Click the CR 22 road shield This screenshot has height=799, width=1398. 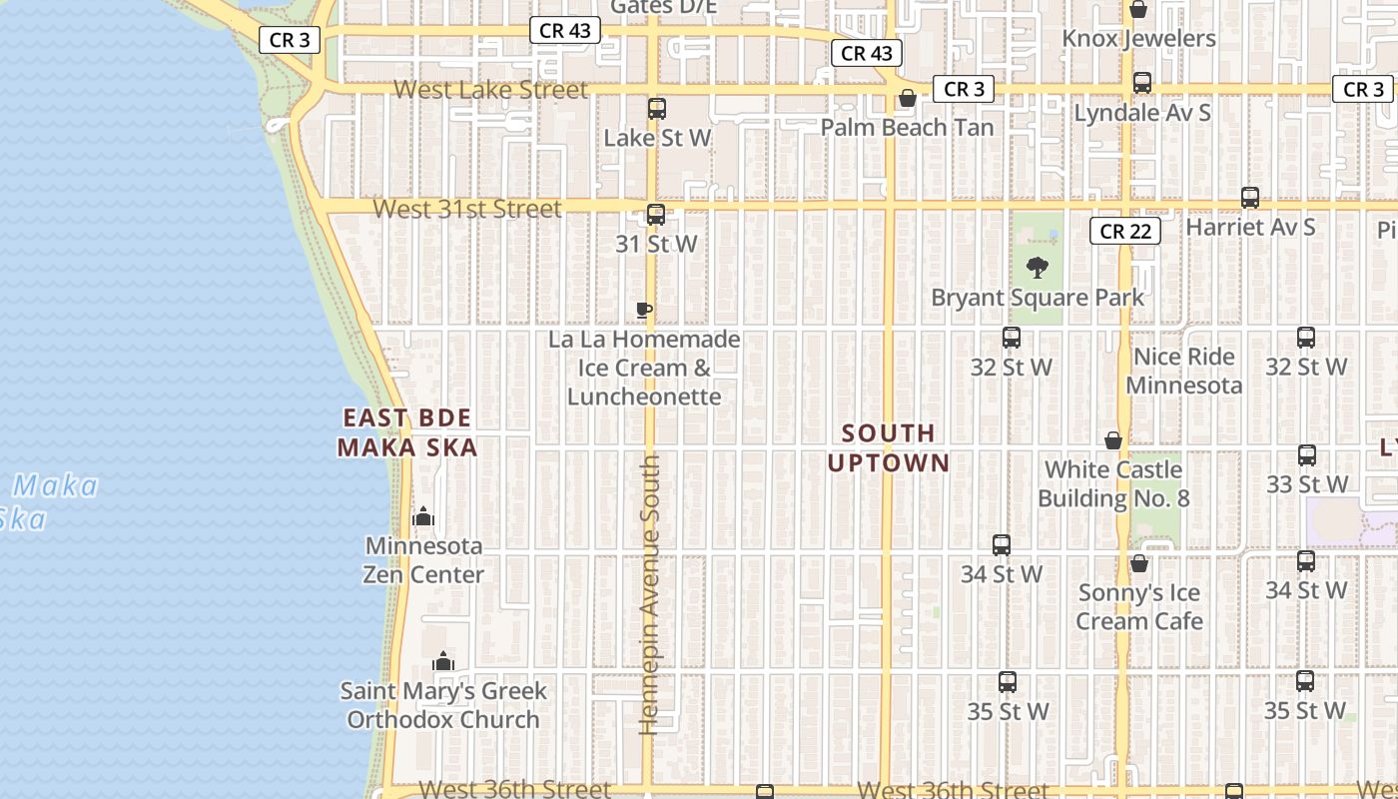point(1125,232)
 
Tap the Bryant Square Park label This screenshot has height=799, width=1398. point(1038,298)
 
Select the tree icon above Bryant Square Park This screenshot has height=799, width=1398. point(1038,268)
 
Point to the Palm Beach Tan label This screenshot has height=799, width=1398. point(907,128)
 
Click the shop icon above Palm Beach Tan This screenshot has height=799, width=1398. point(908,98)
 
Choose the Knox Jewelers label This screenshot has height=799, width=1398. point(1138,39)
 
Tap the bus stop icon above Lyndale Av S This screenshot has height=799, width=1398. point(1142,83)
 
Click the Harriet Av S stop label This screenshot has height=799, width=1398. point(1250,228)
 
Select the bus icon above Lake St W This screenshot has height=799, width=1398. point(657,109)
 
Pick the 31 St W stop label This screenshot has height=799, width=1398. point(656,244)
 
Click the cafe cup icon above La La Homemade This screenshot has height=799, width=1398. point(644,311)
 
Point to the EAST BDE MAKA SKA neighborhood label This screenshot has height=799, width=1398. point(407,432)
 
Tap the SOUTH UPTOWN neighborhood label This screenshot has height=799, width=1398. point(888,447)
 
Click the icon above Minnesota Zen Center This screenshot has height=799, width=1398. point(423,516)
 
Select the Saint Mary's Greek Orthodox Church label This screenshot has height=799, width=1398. point(443,705)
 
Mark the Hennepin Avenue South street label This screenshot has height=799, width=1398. point(650,594)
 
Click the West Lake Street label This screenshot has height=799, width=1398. point(490,90)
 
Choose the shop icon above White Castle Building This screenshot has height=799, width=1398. point(1113,440)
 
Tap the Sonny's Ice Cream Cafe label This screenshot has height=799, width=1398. point(1139,606)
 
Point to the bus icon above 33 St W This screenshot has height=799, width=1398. point(1307,455)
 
